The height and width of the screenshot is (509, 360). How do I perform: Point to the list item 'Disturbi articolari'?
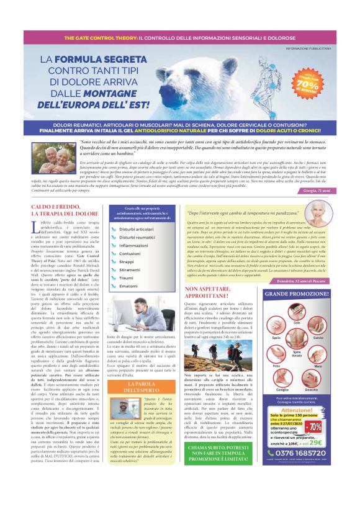[x=154, y=229]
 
